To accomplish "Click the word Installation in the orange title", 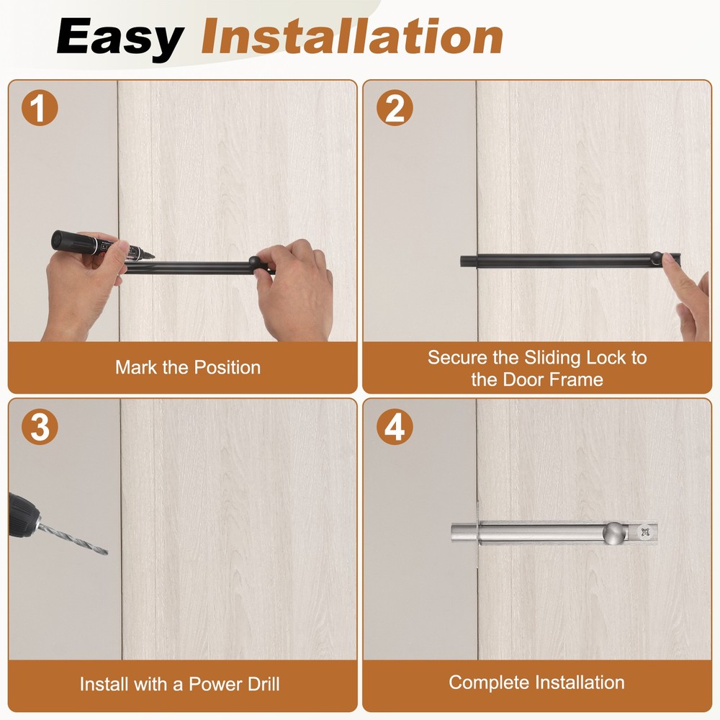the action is [x=352, y=36].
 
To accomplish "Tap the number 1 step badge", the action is [x=40, y=108].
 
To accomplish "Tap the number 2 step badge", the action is [x=395, y=108].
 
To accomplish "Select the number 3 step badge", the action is [x=40, y=426].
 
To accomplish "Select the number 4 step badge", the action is [x=395, y=426].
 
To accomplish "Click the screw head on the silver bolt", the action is [x=645, y=532].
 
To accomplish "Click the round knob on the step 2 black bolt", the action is [x=657, y=258].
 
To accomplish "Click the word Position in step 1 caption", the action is [x=228, y=367].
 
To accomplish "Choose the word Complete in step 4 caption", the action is [x=488, y=683].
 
